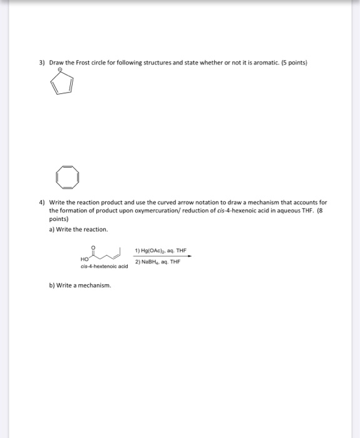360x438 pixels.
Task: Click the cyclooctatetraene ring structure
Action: click(67, 177)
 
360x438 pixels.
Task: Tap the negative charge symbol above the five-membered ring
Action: click(60, 71)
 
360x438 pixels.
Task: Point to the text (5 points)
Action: click(292, 63)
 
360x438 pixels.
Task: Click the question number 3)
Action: click(42, 63)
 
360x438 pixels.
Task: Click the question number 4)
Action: click(42, 203)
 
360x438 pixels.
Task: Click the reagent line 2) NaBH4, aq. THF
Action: click(157, 262)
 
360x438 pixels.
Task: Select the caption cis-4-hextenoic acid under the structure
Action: click(104, 266)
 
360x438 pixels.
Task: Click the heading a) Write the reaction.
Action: click(74, 229)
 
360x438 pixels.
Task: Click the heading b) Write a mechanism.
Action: click(80, 285)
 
